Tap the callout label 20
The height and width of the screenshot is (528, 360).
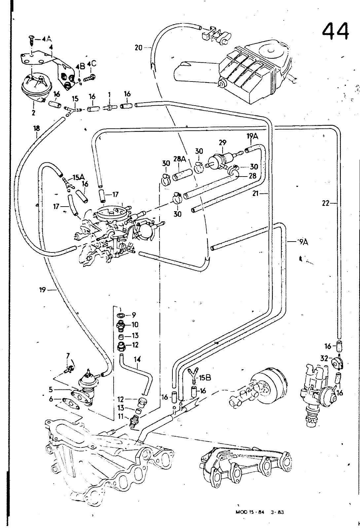coord(138,48)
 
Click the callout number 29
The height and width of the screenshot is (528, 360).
coord(223,143)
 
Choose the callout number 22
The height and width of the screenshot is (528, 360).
coord(326,204)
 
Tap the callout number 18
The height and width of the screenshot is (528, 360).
coord(36,127)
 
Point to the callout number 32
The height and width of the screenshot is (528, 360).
coord(324,357)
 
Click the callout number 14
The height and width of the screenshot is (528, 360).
coord(137,359)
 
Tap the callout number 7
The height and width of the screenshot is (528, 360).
coord(68,355)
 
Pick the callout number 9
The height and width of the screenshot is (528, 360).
coord(133,315)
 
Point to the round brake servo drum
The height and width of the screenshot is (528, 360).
coord(269,386)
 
